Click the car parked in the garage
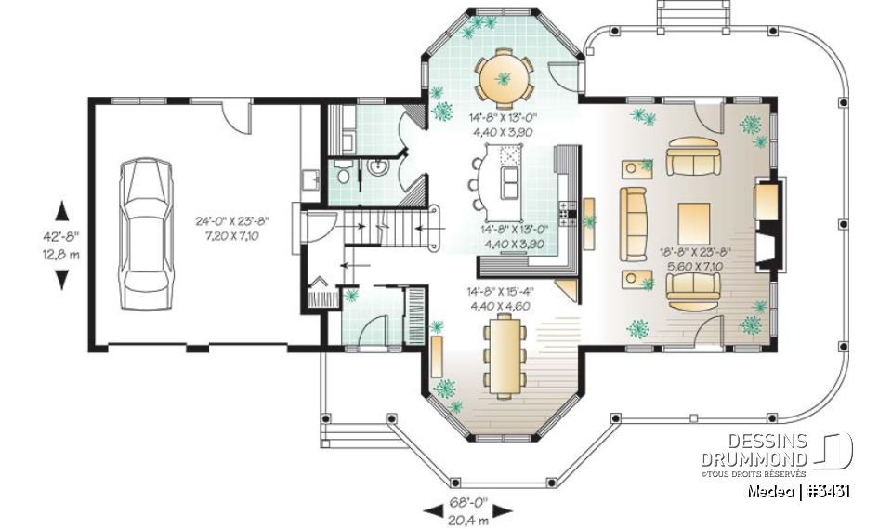point(149,224)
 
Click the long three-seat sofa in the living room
point(634,223)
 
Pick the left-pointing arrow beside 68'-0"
point(433,509)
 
